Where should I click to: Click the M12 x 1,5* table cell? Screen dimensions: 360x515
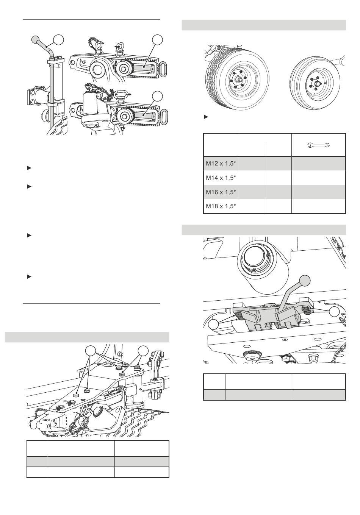coord(221,164)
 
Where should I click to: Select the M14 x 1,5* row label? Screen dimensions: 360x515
coord(221,178)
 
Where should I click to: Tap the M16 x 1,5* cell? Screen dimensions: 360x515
coord(221,192)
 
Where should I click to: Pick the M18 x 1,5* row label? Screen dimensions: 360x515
coord(221,206)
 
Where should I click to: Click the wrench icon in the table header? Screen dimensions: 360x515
coord(319,145)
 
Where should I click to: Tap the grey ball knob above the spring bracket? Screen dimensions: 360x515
coord(305,281)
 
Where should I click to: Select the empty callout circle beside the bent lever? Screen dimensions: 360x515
coord(58,40)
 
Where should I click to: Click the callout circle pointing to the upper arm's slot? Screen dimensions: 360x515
coord(158,40)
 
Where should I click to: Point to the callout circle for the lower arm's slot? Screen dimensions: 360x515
coord(158,96)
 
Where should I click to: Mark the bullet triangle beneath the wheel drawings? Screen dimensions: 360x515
coord(206,117)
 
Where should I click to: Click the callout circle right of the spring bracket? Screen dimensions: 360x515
coord(334,312)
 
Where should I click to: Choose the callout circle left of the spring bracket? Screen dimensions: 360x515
coord(214,325)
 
